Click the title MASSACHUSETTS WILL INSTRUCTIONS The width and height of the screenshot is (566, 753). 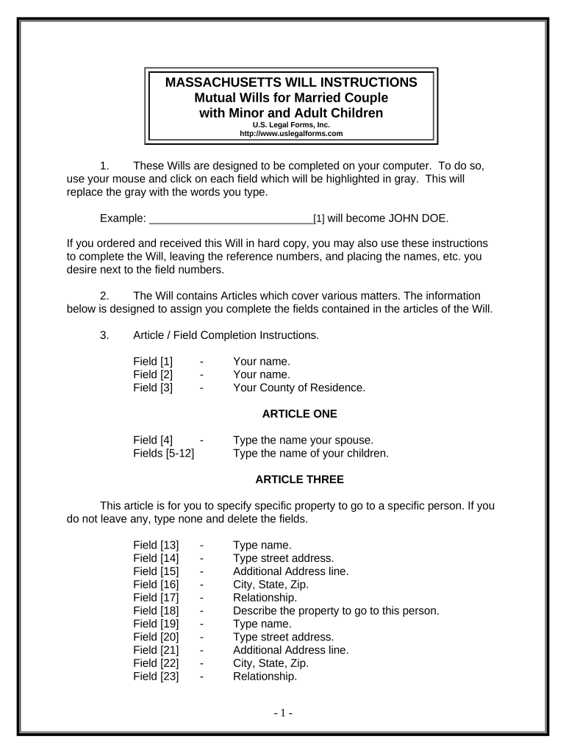[x=291, y=82]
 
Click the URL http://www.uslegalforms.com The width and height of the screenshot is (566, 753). [x=291, y=134]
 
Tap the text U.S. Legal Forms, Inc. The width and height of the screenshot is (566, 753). [x=291, y=125]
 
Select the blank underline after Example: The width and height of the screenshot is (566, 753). [x=231, y=219]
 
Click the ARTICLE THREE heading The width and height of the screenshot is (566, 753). [x=299, y=479]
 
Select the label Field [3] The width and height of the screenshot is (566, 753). [x=153, y=388]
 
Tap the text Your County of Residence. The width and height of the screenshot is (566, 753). [x=298, y=388]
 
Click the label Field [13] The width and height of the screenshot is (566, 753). [x=156, y=545]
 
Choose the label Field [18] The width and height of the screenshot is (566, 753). [x=156, y=610]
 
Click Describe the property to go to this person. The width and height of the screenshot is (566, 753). [x=336, y=610]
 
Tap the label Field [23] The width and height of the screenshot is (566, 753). [x=156, y=676]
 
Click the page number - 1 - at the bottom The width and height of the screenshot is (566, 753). [x=283, y=713]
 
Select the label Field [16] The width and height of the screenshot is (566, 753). [x=156, y=585]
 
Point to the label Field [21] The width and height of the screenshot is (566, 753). [x=156, y=650]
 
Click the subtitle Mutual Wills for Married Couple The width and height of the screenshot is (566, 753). [x=291, y=98]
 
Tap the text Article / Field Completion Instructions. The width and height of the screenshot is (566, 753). [x=226, y=335]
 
